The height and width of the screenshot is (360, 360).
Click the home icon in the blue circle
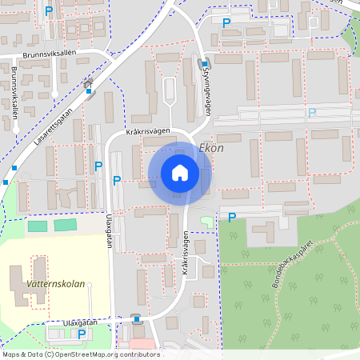180,173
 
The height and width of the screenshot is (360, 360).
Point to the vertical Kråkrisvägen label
185,253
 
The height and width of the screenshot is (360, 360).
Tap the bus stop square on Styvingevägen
205,65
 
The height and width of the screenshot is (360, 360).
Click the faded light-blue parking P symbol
312,114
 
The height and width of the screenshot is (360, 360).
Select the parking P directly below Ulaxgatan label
81,334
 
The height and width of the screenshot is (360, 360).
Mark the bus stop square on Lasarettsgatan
88,90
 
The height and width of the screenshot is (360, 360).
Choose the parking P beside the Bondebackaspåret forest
232,217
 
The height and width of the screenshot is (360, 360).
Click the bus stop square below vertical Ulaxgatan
136,319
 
